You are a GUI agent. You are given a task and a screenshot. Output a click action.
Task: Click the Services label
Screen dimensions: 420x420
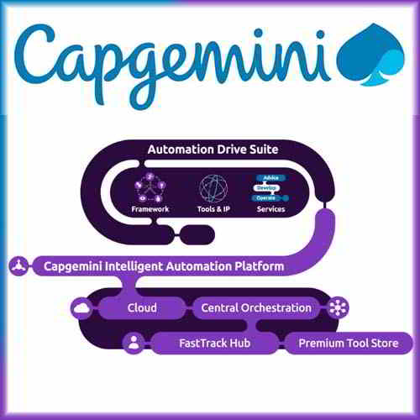coord(271,208)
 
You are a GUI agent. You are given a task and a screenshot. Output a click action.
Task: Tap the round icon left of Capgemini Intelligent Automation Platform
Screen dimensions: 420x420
coord(16,266)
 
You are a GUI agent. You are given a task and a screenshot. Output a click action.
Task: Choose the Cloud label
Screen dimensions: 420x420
coord(142,307)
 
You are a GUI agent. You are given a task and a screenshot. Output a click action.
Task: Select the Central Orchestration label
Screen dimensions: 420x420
coord(256,307)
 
